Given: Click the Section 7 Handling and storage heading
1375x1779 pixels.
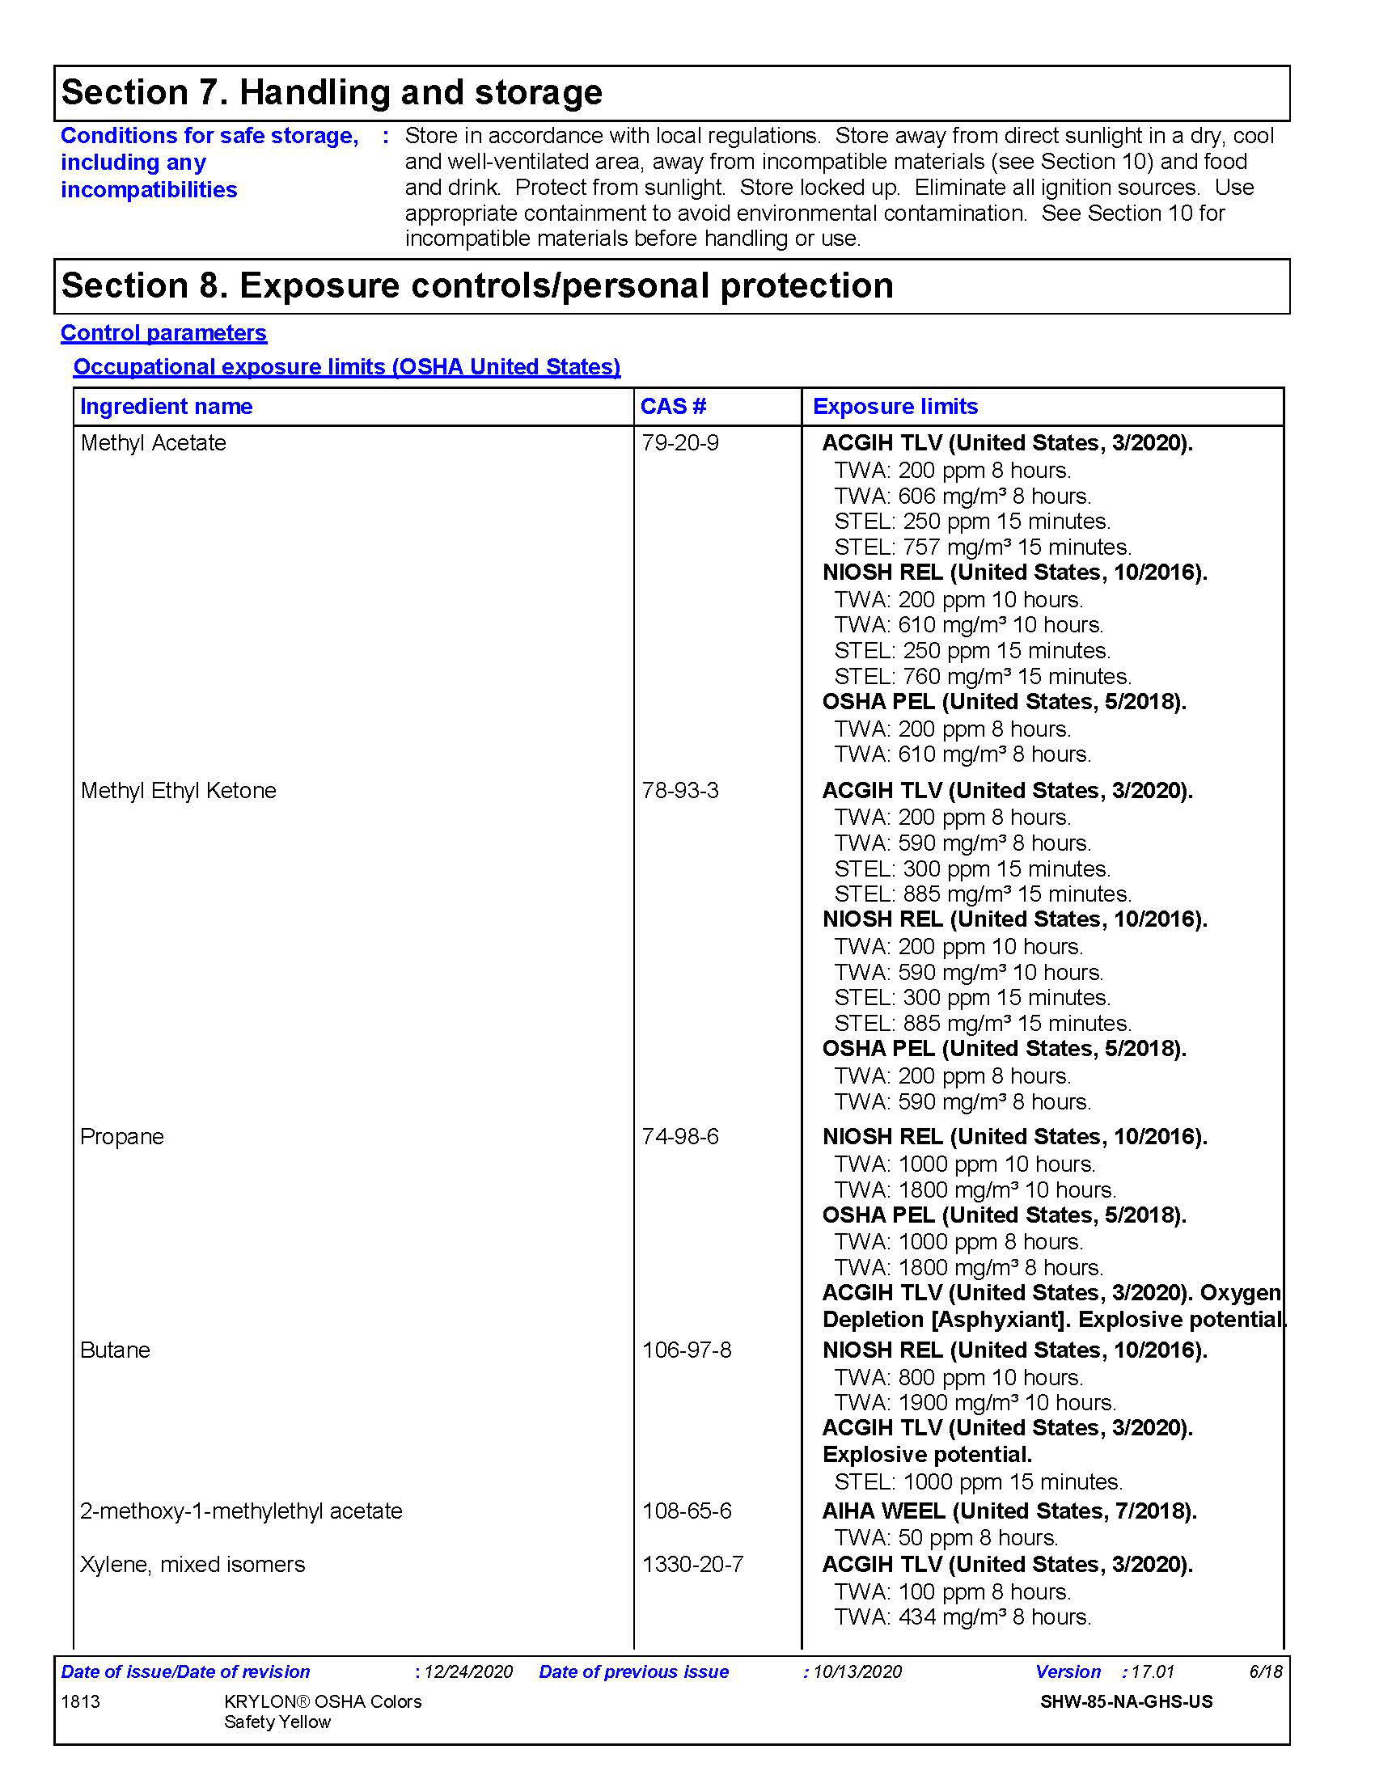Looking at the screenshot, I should click(x=332, y=92).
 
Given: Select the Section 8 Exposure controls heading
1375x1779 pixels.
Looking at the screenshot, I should click(x=476, y=286).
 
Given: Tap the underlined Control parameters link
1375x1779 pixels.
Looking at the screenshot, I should click(x=163, y=333).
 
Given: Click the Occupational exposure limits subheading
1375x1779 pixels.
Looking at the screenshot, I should click(x=346, y=367).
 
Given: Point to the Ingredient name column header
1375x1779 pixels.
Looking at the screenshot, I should click(x=166, y=407).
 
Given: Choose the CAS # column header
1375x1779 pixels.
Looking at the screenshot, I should click(x=673, y=407).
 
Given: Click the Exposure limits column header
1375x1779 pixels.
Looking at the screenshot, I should click(x=895, y=407).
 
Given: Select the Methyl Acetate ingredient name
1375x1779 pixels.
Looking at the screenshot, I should click(x=153, y=443).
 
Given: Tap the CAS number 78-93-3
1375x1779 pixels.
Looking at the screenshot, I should click(x=680, y=791).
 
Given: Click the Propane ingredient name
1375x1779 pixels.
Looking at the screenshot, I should click(x=122, y=1137).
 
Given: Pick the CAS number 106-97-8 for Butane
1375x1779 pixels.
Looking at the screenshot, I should click(x=687, y=1350).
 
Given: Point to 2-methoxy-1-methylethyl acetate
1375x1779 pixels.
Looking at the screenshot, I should click(x=241, y=1511).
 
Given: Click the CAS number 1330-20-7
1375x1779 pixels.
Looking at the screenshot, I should click(x=692, y=1564).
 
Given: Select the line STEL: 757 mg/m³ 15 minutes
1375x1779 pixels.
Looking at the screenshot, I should click(x=983, y=547).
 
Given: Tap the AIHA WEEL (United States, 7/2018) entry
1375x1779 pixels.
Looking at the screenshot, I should click(x=1009, y=1511).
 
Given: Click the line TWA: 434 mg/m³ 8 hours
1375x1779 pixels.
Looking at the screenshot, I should click(x=962, y=1617).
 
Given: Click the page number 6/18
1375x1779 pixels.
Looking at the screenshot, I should click(x=1266, y=1671).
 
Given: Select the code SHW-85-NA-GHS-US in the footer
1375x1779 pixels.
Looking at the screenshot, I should click(x=1126, y=1701).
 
